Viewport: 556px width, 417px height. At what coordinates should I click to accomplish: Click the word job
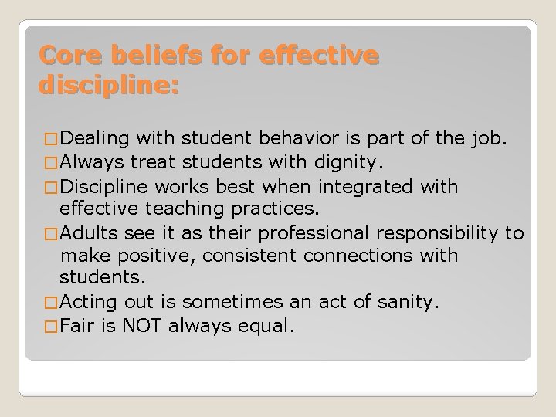pos(489,140)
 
